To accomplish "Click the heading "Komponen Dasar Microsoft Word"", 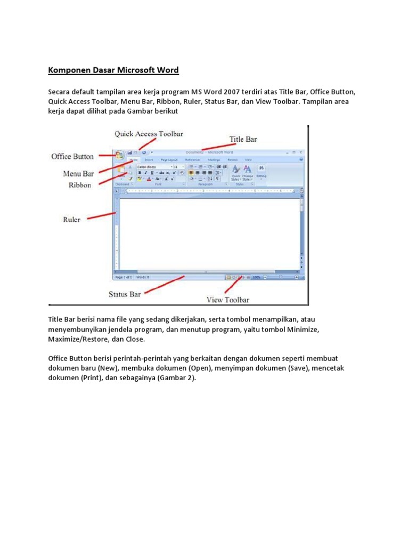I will [113, 70].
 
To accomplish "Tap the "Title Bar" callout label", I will [243, 139].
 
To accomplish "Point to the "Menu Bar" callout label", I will [78, 173].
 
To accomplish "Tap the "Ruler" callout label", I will [71, 219].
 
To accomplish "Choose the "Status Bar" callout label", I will [125, 294].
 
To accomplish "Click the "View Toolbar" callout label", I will [228, 300].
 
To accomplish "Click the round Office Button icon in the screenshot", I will [119, 155].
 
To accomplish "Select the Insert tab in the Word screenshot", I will [149, 159].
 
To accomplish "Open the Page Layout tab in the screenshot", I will [169, 159].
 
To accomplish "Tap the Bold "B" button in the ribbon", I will [140, 173].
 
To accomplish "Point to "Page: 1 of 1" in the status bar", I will [124, 277].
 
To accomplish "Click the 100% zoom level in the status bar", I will [256, 277].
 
